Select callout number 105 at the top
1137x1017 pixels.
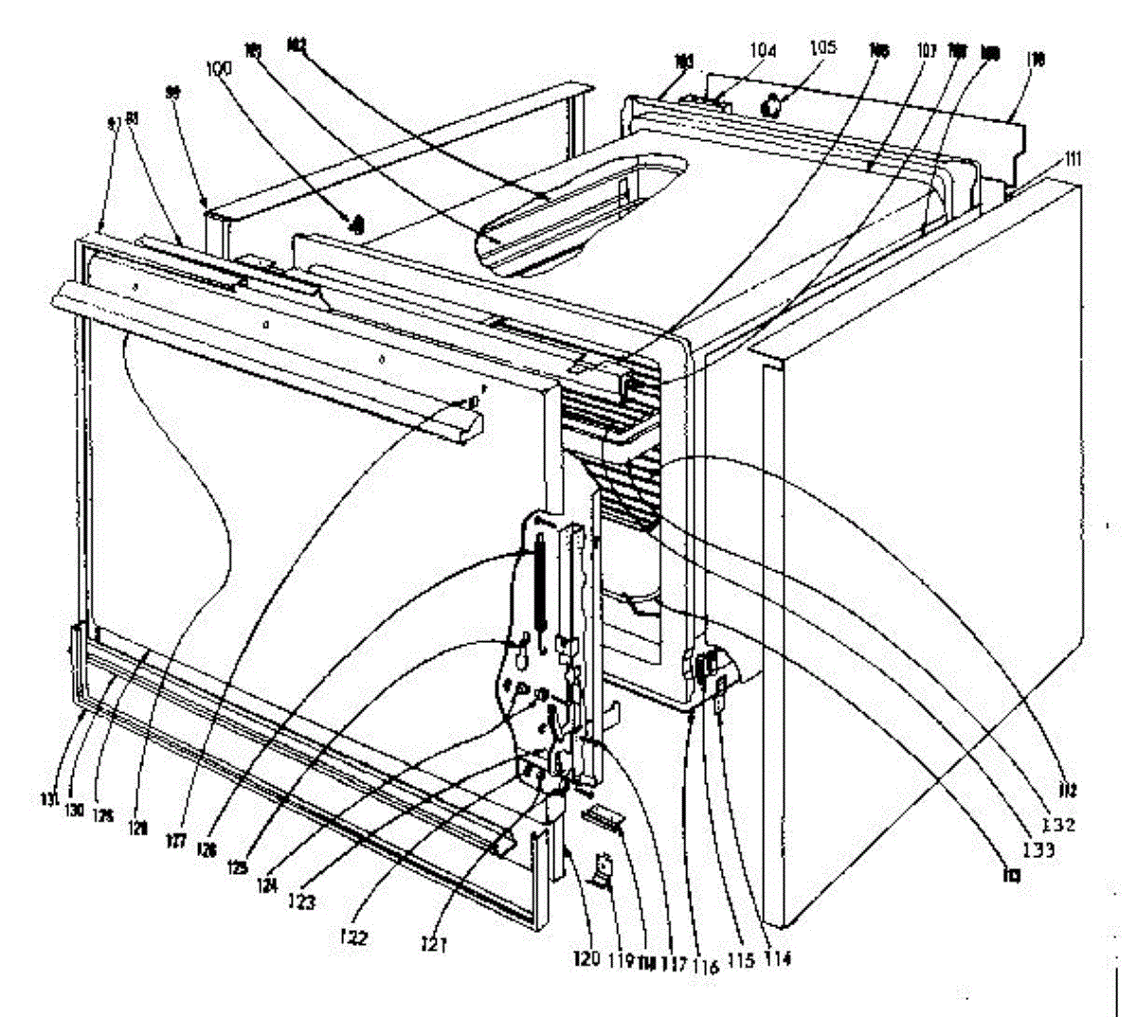822,47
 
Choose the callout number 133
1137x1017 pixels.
1041,849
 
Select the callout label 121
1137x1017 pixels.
436,943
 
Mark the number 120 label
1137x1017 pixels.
585,960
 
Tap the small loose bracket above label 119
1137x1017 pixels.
601,869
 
